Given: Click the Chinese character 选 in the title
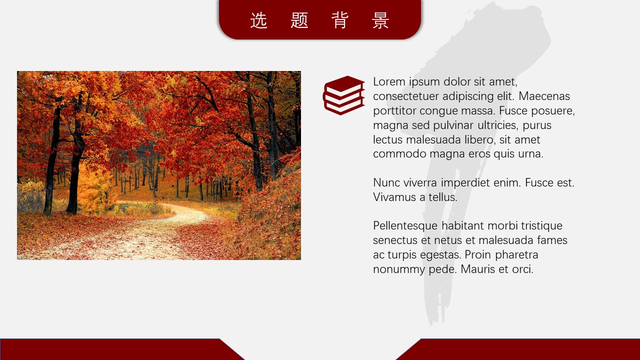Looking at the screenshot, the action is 259,20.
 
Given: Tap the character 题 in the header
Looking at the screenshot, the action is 299,20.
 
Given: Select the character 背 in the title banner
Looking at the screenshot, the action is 340,20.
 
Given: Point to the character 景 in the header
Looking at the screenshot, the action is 380,20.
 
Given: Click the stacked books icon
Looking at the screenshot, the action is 344,95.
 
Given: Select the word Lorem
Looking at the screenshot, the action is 389,81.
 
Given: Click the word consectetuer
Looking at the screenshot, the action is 406,96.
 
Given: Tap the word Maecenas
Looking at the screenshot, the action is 544,96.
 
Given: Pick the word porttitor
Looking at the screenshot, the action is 395,111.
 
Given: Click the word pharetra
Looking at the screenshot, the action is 516,255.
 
